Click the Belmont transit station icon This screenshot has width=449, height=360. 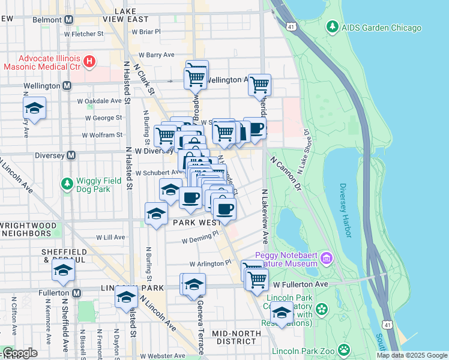(68, 20)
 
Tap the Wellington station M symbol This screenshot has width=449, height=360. (66, 86)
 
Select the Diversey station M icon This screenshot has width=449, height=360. (71, 155)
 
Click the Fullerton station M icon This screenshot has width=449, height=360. (76, 293)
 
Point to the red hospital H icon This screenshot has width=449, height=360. (89, 61)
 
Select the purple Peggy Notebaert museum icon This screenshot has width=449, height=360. (326, 259)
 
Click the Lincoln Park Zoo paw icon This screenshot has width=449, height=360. (343, 350)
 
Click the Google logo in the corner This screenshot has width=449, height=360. (20, 353)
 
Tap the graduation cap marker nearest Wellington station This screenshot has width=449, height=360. (35, 109)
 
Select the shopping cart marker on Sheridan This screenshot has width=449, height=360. (259, 86)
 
